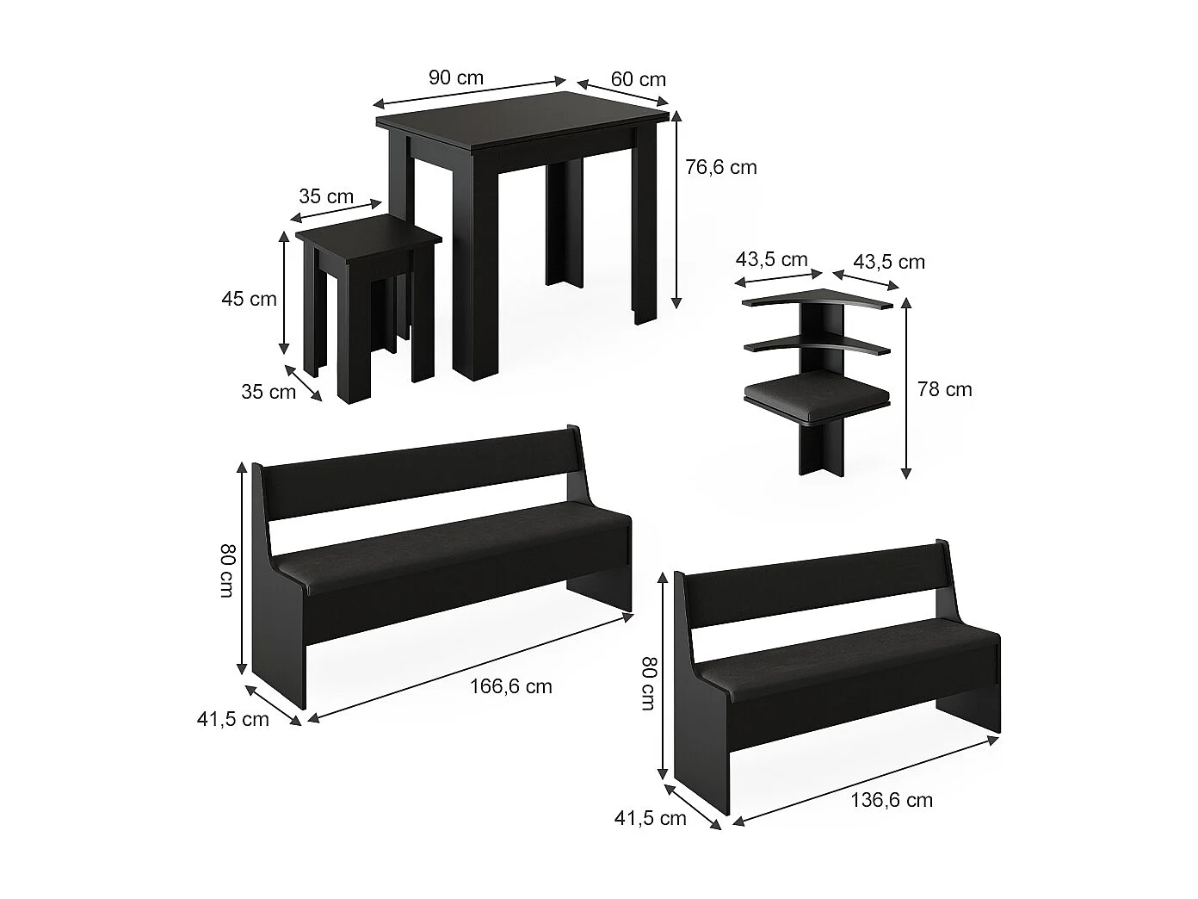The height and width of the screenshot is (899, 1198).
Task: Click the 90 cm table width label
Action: pyautogui.click(x=455, y=77)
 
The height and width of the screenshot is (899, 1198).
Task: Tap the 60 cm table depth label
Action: pyautogui.click(x=639, y=79)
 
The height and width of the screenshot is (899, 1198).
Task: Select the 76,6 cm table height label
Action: pyautogui.click(x=721, y=167)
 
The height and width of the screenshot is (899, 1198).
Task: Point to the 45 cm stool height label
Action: pyautogui.click(x=249, y=299)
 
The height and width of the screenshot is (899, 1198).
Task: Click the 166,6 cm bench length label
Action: pyautogui.click(x=510, y=686)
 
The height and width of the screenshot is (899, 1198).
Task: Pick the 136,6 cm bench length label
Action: pyautogui.click(x=892, y=800)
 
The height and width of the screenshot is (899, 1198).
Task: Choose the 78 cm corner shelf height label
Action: pyautogui.click(x=945, y=389)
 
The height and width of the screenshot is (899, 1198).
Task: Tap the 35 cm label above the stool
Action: pyautogui.click(x=326, y=196)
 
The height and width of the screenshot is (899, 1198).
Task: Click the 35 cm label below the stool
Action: pyautogui.click(x=268, y=392)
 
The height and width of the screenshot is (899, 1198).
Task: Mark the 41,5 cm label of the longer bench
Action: pyautogui.click(x=233, y=719)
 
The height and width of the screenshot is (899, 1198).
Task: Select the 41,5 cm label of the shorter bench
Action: pyautogui.click(x=651, y=818)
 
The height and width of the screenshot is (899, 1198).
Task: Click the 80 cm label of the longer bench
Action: pyautogui.click(x=226, y=570)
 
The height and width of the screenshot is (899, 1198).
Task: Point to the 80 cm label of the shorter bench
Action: pyautogui.click(x=648, y=684)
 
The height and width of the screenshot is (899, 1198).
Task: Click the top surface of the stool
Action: pyautogui.click(x=368, y=232)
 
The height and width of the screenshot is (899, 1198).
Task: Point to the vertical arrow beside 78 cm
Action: pyautogui.click(x=905, y=388)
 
